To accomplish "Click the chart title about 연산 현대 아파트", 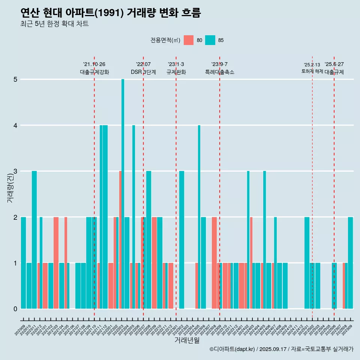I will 111,13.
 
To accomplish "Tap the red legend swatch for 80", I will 189,40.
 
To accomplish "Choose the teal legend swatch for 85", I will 210,40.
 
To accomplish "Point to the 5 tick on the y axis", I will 16,79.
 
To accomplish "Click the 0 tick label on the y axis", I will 16,309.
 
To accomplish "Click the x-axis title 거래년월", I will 187,340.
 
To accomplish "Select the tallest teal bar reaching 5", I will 123,194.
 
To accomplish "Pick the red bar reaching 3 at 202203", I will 120,240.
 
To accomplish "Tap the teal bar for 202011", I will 34,240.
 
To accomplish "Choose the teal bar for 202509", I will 350,263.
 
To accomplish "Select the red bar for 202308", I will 214,263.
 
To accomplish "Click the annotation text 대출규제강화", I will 94,72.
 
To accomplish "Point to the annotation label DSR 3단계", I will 143,72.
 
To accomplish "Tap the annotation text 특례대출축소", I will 220,72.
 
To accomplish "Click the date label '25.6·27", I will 334,64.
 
